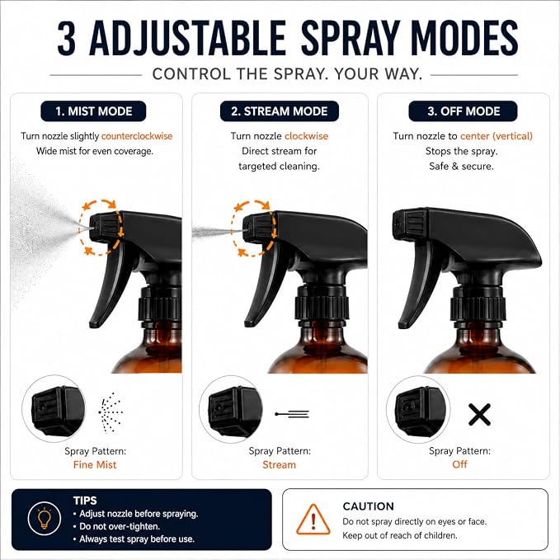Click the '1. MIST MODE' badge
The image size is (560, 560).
(93, 111)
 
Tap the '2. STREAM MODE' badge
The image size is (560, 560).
(280, 111)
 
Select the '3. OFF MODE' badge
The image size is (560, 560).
(464, 111)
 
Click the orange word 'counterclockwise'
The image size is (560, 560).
(137, 136)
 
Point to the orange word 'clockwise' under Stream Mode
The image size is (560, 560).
(307, 136)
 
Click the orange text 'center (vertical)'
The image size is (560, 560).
(496, 136)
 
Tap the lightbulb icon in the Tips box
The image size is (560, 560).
(45, 519)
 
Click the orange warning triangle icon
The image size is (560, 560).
(313, 520)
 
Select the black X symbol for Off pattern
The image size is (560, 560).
(479, 415)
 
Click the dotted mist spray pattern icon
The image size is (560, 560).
(111, 412)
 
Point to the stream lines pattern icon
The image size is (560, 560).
(292, 414)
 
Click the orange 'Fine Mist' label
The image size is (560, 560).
(95, 464)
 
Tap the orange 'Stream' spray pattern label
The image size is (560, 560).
(280, 464)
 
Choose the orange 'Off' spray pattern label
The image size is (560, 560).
(459, 464)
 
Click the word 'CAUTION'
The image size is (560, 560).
(368, 506)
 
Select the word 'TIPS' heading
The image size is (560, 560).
(85, 501)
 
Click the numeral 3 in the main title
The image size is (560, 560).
(67, 38)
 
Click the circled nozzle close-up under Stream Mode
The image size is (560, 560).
(231, 409)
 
